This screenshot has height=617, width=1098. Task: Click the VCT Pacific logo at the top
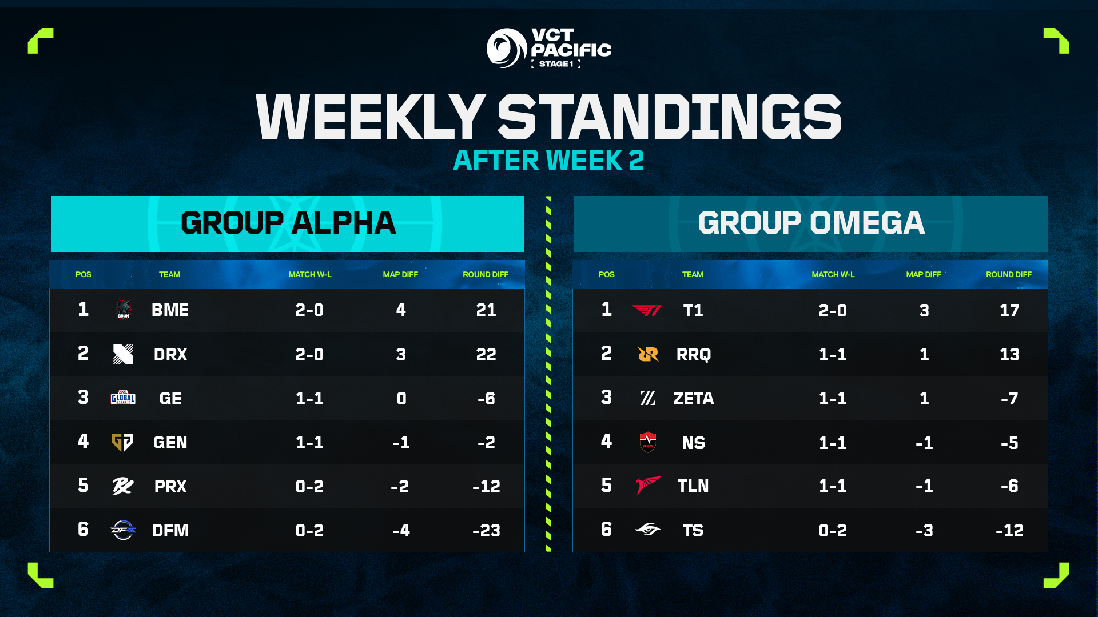(x=548, y=49)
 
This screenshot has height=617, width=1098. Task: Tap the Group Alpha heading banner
(x=288, y=223)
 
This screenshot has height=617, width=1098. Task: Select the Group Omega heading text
(x=810, y=223)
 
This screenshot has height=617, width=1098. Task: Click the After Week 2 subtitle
(x=548, y=160)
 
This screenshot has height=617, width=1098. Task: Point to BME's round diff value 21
(x=486, y=310)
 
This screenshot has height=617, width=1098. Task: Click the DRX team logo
(x=123, y=354)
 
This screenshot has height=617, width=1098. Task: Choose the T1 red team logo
(x=647, y=310)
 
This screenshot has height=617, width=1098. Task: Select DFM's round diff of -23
(x=486, y=530)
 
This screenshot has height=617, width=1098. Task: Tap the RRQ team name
(x=693, y=354)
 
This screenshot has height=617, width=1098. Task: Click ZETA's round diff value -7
(x=1009, y=398)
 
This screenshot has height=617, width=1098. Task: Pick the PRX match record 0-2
(x=309, y=486)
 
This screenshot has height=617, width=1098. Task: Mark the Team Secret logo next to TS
(x=647, y=530)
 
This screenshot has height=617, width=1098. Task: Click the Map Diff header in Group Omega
(x=923, y=274)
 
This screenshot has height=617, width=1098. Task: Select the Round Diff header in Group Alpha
(x=485, y=274)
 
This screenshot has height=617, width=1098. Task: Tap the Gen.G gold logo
(x=122, y=442)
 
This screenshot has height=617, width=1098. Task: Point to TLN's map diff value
(x=924, y=486)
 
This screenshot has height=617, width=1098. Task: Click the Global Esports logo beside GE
(x=123, y=398)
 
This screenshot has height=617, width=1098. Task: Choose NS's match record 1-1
(x=832, y=443)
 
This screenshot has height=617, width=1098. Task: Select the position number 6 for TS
(x=606, y=530)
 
